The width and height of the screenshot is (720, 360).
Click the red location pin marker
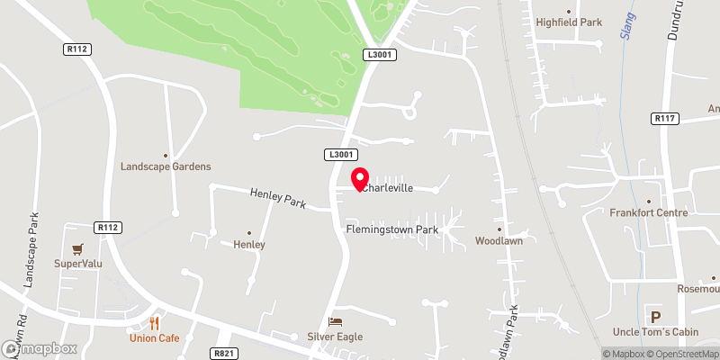click(x=359, y=178)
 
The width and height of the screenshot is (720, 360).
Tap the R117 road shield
click(x=664, y=118)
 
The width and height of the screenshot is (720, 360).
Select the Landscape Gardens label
click(x=166, y=166)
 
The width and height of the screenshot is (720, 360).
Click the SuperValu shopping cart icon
click(x=77, y=248)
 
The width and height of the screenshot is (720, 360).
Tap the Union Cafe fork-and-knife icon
click(x=155, y=323)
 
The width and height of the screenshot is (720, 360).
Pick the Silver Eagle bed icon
click(x=335, y=321)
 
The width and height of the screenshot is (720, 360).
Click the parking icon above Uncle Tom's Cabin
click(x=655, y=316)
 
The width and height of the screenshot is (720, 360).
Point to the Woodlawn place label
click(x=499, y=241)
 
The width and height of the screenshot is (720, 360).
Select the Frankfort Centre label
click(x=648, y=212)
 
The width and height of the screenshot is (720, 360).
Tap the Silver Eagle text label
click(x=334, y=337)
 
